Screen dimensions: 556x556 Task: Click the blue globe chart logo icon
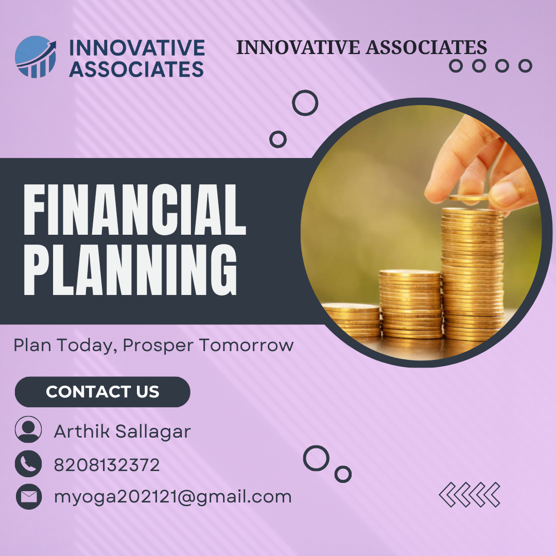(x=36, y=57)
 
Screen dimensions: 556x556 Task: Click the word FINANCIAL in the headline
(x=135, y=210)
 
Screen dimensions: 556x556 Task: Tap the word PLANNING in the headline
(x=130, y=269)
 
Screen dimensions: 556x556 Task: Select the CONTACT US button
(x=102, y=392)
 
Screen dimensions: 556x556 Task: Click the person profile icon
(x=28, y=429)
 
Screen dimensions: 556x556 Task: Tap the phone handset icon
(x=28, y=464)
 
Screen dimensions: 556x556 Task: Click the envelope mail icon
(x=29, y=497)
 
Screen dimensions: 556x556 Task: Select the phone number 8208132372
(x=107, y=465)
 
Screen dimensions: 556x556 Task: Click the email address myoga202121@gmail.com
(x=172, y=497)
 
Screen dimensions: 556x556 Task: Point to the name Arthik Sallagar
(x=123, y=431)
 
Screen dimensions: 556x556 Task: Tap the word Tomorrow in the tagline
(x=246, y=345)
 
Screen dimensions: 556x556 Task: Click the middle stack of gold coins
(x=410, y=304)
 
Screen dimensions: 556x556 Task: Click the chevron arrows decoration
(x=470, y=495)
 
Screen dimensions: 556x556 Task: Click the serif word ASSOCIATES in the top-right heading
(x=427, y=47)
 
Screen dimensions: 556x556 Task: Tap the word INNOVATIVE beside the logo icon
(x=137, y=48)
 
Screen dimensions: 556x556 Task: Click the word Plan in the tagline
(x=32, y=344)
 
